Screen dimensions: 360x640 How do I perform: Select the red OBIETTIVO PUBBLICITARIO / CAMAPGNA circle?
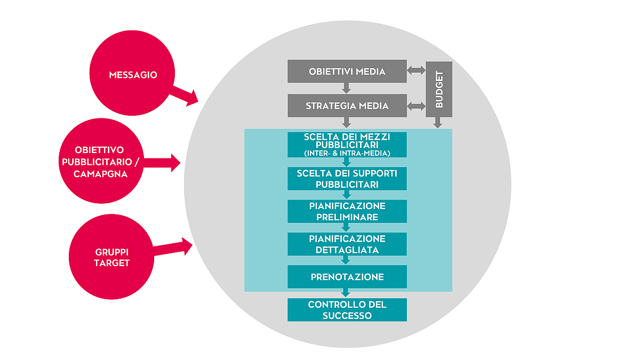pos(101,162)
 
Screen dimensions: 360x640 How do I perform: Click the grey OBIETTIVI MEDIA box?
pos(347,71)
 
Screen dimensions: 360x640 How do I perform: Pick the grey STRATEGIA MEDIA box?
pos(347,106)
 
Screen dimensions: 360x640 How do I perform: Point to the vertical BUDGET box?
pos(439,89)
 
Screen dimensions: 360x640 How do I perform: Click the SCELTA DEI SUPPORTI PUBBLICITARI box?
pos(347,179)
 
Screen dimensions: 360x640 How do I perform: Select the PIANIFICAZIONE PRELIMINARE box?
pos(347,211)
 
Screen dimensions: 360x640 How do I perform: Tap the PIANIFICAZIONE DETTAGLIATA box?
pos(347,244)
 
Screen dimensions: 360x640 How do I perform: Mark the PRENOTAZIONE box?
pos(347,277)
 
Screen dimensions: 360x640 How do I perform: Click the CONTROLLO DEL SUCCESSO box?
pos(347,310)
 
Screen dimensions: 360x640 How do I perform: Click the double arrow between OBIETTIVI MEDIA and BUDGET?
pos(416,70)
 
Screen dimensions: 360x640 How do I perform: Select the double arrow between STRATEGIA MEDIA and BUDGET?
pos(416,106)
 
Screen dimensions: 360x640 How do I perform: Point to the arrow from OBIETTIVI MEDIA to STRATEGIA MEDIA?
pos(347,88)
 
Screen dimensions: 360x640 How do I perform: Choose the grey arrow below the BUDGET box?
pos(438,123)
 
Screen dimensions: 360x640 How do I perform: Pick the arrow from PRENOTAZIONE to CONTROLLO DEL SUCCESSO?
pos(346,293)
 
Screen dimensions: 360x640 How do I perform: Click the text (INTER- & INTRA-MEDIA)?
pos(347,154)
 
